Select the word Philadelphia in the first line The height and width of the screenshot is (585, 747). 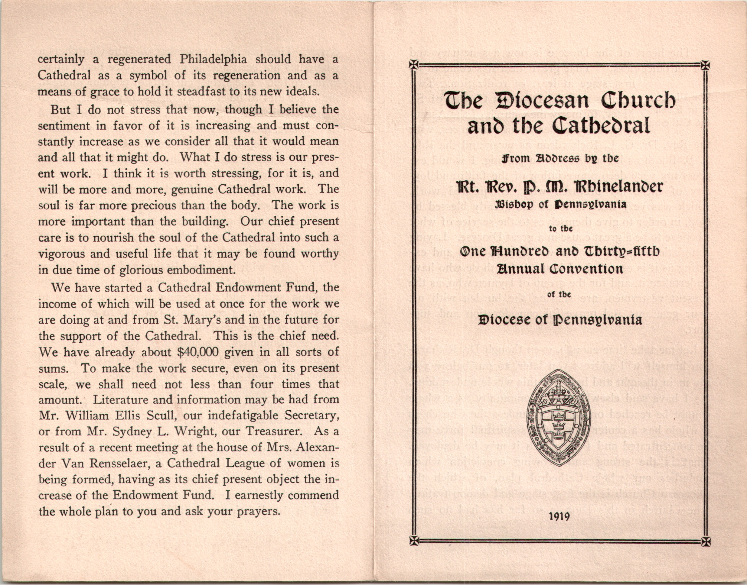tap(213, 59)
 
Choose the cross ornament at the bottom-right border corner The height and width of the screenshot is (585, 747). tap(706, 541)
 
